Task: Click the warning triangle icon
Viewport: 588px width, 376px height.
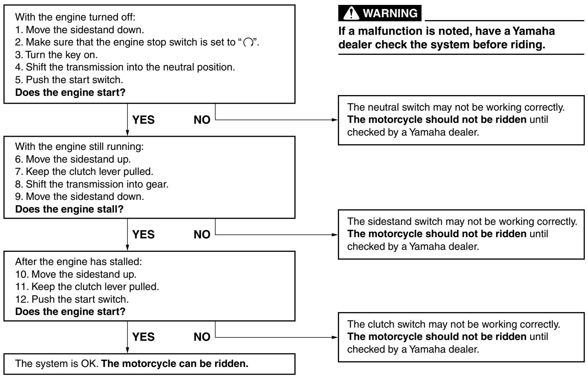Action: (x=351, y=13)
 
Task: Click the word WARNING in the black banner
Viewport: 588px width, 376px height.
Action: (x=390, y=13)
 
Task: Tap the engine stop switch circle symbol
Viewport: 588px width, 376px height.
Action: (x=248, y=42)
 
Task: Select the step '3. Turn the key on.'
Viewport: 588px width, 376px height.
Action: (x=56, y=55)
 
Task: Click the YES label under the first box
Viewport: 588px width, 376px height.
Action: (x=144, y=120)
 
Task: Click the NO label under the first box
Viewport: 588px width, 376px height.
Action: (x=202, y=120)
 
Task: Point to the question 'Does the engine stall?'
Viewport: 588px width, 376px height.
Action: (x=69, y=209)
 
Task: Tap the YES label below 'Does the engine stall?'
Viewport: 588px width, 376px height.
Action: (x=144, y=234)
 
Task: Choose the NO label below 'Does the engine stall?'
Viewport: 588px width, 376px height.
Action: (x=202, y=234)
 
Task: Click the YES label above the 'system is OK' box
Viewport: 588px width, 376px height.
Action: (x=144, y=337)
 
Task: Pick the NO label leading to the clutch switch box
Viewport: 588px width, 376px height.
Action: (x=202, y=337)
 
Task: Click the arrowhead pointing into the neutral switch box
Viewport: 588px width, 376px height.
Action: (x=335, y=120)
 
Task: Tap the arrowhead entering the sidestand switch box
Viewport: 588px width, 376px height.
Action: (x=335, y=235)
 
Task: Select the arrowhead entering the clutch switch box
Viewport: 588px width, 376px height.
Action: (x=335, y=337)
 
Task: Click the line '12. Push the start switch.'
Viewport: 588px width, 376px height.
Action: (x=72, y=299)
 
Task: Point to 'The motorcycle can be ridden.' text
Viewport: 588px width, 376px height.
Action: (x=175, y=364)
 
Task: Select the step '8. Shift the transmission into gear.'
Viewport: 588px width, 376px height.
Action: (x=91, y=184)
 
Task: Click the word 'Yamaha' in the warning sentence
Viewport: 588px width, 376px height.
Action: (x=533, y=31)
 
